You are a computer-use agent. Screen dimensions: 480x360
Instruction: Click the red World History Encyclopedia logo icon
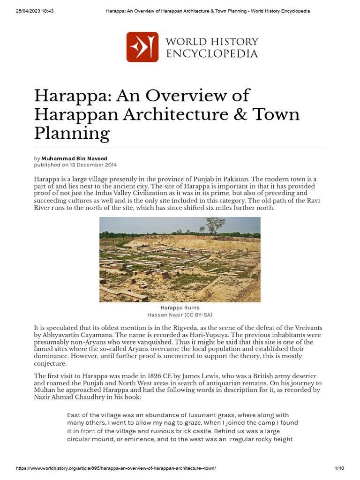pyautogui.click(x=142, y=47)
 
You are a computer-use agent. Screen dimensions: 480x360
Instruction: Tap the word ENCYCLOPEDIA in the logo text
pyautogui.click(x=212, y=54)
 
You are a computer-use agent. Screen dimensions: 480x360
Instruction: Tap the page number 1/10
pyautogui.click(x=339, y=469)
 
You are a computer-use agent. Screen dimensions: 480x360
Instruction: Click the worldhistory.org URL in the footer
pyautogui.click(x=116, y=469)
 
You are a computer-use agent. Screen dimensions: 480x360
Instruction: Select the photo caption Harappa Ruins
pyautogui.click(x=180, y=307)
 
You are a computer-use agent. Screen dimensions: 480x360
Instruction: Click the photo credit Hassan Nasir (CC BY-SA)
pyautogui.click(x=180, y=314)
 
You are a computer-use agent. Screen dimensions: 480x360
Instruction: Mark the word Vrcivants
pyautogui.click(x=309, y=327)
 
